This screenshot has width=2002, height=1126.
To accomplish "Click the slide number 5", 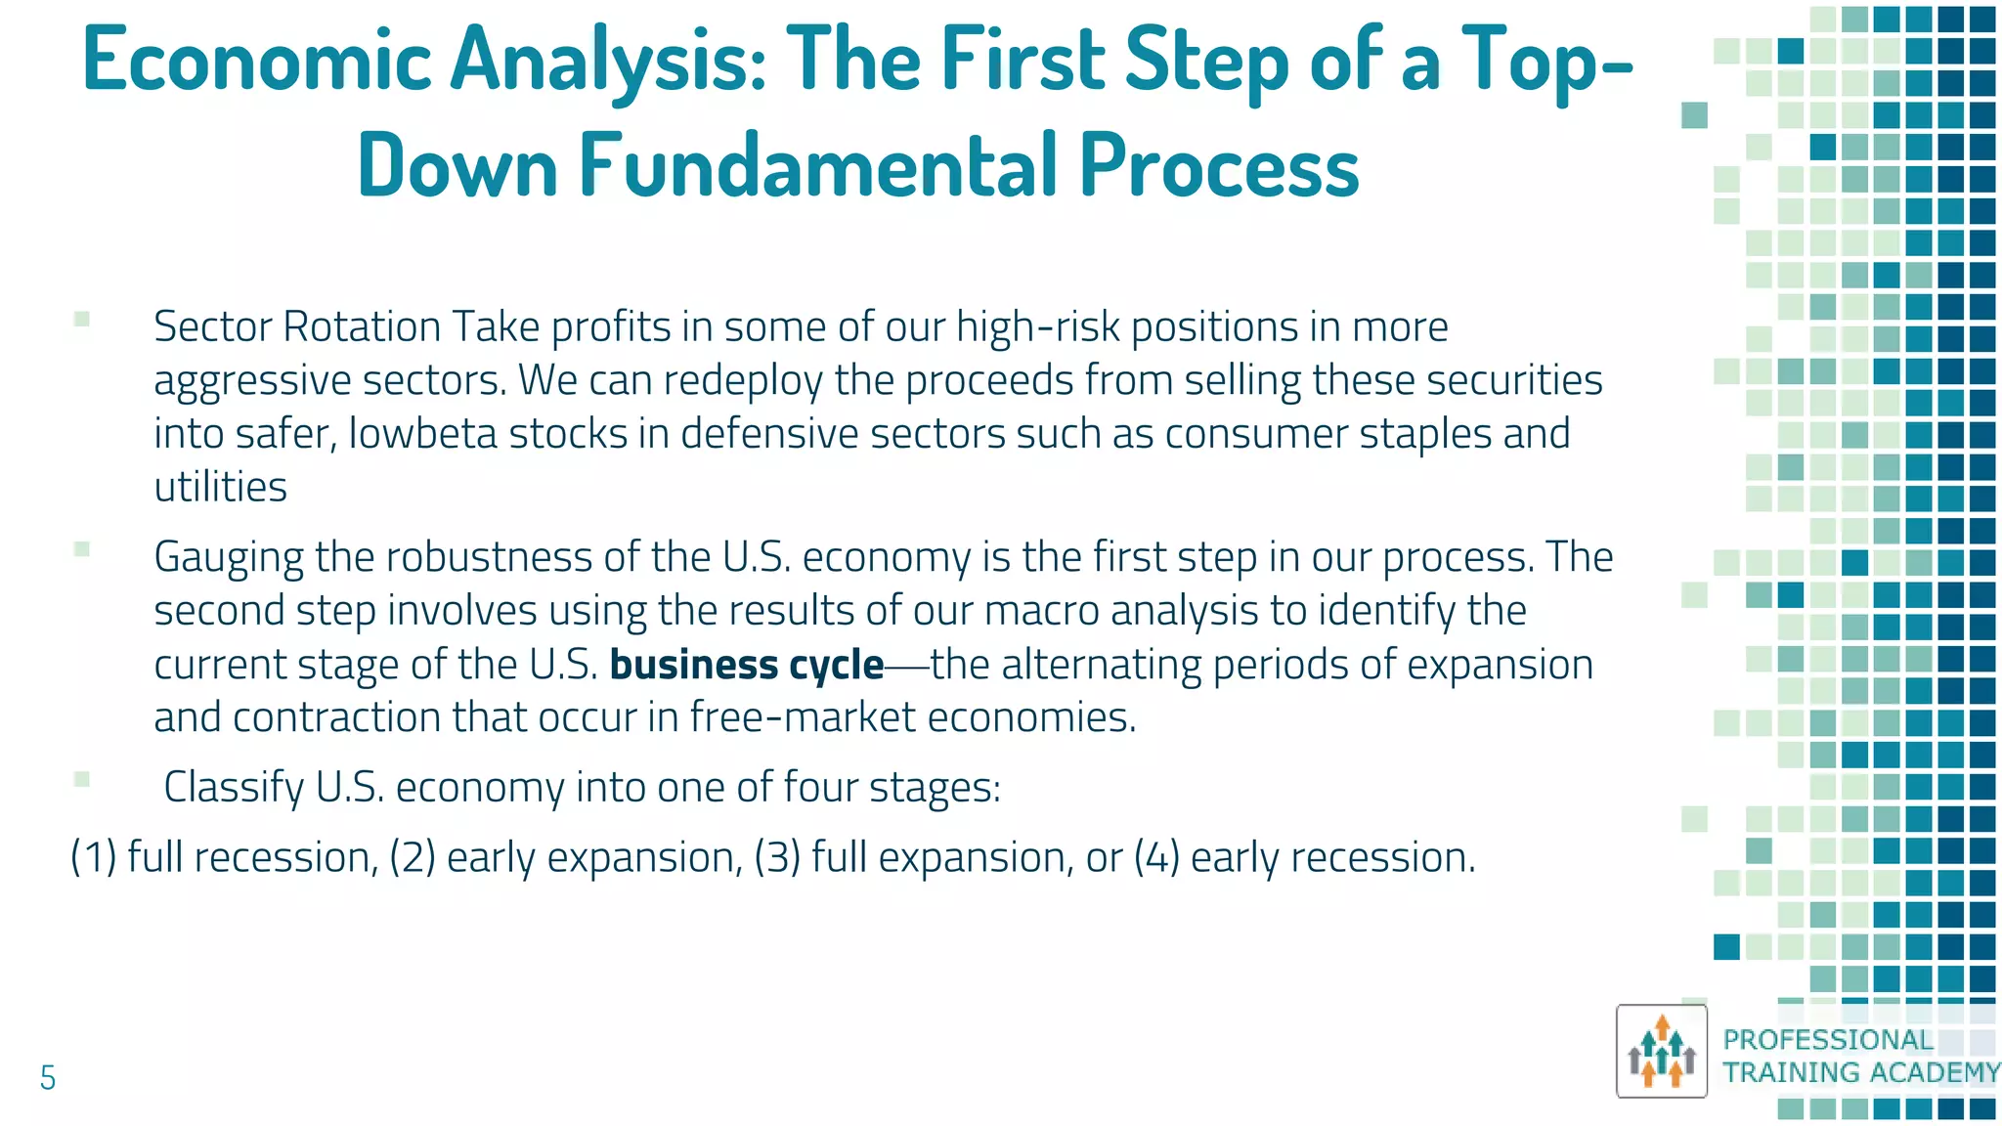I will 47,1078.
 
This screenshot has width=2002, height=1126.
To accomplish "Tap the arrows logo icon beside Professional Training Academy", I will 1661,1051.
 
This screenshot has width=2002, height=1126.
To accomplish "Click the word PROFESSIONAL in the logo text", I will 1828,1039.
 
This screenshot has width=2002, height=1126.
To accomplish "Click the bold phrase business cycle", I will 747,665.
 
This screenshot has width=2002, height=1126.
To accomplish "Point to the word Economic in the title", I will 257,61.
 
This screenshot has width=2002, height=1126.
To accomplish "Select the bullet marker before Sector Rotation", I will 82,319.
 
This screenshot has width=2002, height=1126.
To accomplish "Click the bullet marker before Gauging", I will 82,549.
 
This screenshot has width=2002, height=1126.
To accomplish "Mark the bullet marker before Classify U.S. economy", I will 82,779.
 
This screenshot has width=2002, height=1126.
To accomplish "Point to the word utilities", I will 221,487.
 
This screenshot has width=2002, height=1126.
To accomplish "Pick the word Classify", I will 234,788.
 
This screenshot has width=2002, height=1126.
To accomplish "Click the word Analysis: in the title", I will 609,61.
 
